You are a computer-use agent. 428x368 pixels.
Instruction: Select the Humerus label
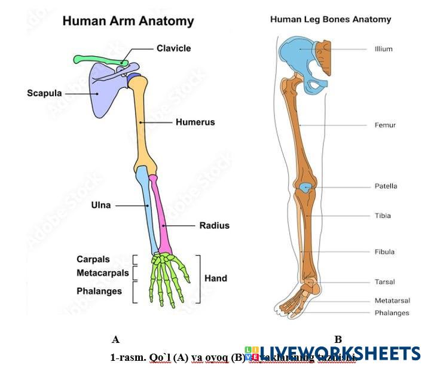[x=195, y=122]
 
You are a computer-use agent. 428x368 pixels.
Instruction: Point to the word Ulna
[x=100, y=206]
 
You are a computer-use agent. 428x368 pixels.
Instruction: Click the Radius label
[x=214, y=226]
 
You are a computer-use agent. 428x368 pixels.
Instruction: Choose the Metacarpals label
[x=102, y=273]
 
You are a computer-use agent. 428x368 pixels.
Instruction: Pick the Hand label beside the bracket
[x=216, y=278]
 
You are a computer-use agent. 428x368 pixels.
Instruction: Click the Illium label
[x=383, y=49]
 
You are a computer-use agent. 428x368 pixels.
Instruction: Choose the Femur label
[x=385, y=125]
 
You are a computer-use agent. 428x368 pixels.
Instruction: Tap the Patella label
[x=386, y=186]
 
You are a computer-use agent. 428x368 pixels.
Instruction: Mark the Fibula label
[x=385, y=252]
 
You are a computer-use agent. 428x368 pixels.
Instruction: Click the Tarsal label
[x=384, y=282]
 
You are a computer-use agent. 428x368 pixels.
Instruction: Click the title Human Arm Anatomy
[x=129, y=22]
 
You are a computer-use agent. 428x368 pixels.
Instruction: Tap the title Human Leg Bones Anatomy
[x=331, y=19]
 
